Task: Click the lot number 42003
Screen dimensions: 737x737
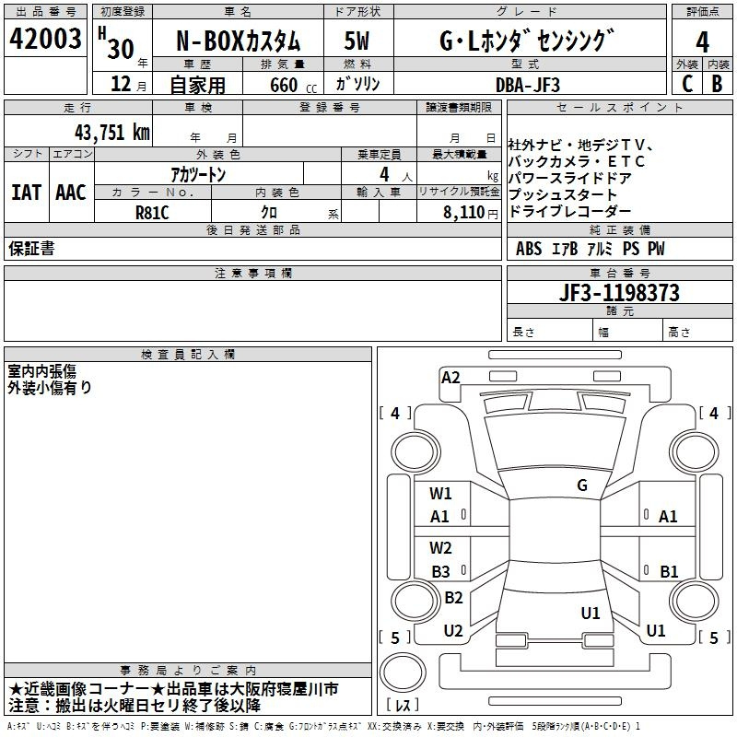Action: tap(45, 39)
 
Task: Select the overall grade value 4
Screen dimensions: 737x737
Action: tap(702, 42)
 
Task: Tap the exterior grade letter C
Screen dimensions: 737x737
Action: tap(687, 84)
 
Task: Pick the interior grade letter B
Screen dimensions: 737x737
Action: tap(717, 84)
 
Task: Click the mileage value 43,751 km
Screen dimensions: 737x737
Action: tap(112, 133)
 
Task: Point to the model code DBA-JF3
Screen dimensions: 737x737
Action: tap(528, 85)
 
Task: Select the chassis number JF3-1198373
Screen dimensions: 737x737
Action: tap(619, 292)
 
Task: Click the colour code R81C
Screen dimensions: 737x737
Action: tap(152, 213)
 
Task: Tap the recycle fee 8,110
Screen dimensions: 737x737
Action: tap(463, 213)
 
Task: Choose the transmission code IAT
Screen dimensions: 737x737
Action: tap(26, 193)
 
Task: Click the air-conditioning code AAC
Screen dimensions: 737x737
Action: tap(71, 193)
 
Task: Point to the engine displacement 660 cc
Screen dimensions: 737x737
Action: tap(293, 85)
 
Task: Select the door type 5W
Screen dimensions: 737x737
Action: tap(357, 41)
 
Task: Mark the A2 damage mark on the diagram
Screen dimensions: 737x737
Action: tap(450, 378)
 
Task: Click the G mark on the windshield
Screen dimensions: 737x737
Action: tap(582, 485)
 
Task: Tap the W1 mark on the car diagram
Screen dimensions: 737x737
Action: tap(440, 494)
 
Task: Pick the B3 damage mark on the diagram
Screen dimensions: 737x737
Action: tap(441, 572)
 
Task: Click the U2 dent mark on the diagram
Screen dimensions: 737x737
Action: tap(453, 631)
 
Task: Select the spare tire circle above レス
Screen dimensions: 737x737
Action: tap(403, 673)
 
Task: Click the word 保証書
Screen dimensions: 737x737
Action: tap(31, 248)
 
